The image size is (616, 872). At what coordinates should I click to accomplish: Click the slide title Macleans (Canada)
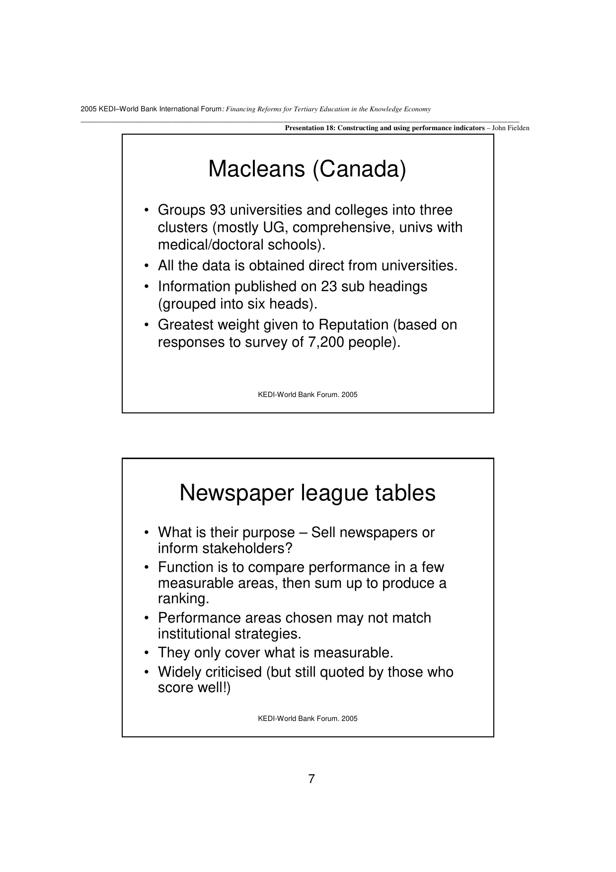[x=307, y=169]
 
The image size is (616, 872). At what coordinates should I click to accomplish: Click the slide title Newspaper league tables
[x=307, y=493]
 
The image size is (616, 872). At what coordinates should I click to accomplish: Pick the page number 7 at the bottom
[x=311, y=779]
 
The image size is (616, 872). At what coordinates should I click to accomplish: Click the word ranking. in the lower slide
[x=183, y=599]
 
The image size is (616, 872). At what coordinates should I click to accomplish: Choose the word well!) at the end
[x=215, y=688]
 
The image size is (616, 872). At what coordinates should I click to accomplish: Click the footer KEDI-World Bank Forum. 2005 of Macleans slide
[x=308, y=395]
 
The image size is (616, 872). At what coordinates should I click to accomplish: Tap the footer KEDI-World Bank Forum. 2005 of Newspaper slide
[x=308, y=718]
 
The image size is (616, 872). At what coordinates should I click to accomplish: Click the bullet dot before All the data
[x=147, y=266]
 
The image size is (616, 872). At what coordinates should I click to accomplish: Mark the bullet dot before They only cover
[x=147, y=652]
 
